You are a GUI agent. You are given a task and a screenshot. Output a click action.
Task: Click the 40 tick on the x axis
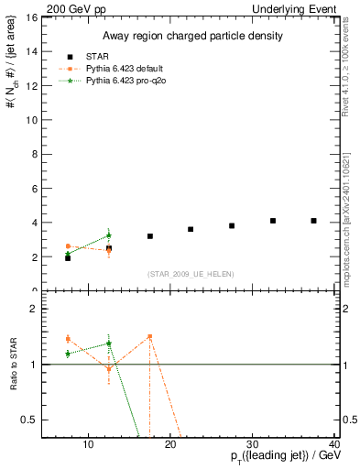[x=334, y=445]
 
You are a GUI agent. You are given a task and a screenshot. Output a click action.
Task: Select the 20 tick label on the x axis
[x=169, y=445]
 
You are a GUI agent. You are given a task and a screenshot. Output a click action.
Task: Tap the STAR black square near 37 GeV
[x=314, y=221]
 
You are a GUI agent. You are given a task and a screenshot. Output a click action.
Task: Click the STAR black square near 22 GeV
[x=191, y=229]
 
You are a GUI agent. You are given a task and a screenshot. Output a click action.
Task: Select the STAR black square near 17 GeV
[x=149, y=236]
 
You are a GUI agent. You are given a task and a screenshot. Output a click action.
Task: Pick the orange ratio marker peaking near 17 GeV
[x=149, y=336]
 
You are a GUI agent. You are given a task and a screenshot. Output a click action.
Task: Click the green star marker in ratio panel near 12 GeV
[x=109, y=344]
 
